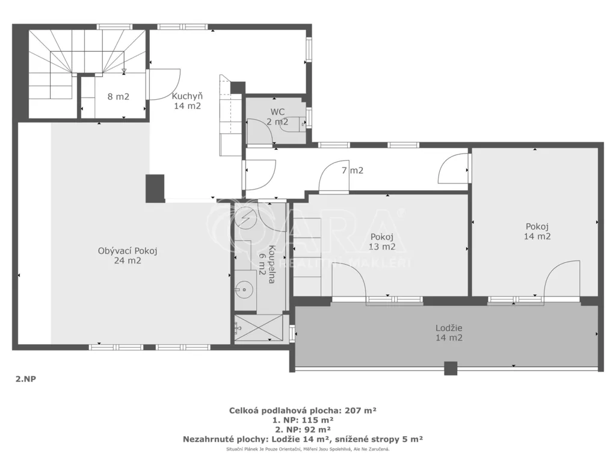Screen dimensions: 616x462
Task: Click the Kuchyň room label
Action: [x=188, y=96]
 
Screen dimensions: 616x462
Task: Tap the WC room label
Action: [x=277, y=112]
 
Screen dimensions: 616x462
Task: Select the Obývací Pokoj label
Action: [x=128, y=251]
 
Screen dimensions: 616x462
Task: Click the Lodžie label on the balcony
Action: [x=449, y=328]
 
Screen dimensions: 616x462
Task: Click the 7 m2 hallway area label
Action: [x=353, y=170]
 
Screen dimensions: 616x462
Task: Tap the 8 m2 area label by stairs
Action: [x=119, y=96]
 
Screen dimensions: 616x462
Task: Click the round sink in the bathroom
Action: [x=244, y=290]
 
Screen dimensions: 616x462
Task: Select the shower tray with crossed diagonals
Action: [x=259, y=328]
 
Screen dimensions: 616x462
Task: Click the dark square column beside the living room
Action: [x=155, y=188]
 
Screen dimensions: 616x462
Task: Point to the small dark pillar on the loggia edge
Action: [x=451, y=368]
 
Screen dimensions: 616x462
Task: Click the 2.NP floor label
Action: [x=25, y=380]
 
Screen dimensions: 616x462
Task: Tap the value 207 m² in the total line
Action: [x=361, y=410]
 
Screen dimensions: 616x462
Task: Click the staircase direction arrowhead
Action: [x=124, y=72]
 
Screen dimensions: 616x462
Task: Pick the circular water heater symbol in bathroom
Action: [x=245, y=218]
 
